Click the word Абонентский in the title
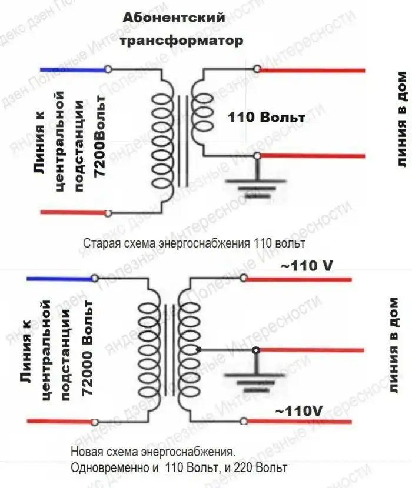(174, 18)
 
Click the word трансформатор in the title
(181, 41)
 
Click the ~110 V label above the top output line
(307, 266)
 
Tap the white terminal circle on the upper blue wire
(108, 69)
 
